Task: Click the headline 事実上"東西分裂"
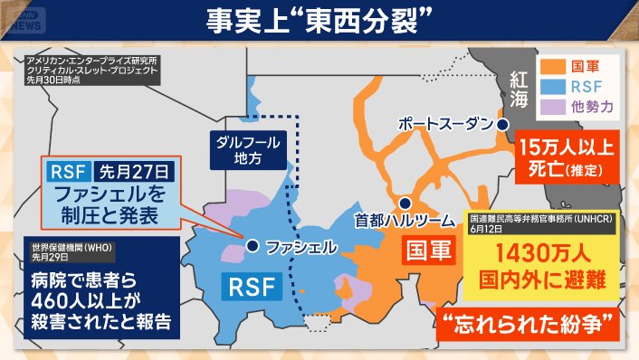pyautogui.click(x=319, y=21)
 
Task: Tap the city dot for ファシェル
pyautogui.click(x=253, y=244)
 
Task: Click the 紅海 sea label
pyautogui.click(x=519, y=87)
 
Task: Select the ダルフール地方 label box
pyautogui.click(x=246, y=150)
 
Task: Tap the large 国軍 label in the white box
pyautogui.click(x=427, y=251)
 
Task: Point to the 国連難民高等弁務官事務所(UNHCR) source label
pyautogui.click(x=537, y=220)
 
